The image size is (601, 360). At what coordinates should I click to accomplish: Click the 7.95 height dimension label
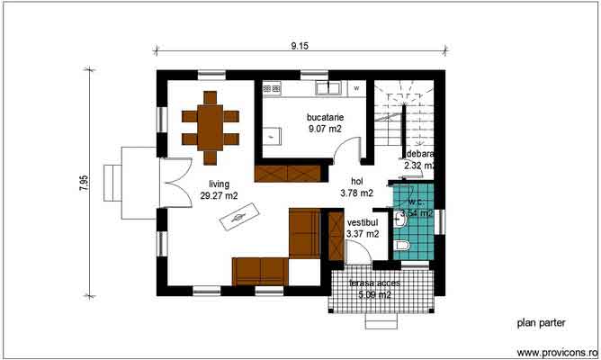84,183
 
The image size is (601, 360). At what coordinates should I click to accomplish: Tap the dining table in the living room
211,126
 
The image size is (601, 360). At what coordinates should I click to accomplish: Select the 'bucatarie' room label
324,117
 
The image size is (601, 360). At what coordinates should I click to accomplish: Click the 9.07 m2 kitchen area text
324,130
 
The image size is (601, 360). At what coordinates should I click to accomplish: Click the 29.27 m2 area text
220,195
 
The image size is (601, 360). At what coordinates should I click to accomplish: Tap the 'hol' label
357,180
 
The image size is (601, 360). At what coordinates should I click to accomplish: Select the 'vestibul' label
363,221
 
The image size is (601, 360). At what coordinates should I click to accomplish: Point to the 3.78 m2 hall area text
357,193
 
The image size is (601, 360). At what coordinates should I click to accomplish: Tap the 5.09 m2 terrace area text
374,294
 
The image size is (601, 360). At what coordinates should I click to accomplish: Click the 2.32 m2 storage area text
420,166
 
